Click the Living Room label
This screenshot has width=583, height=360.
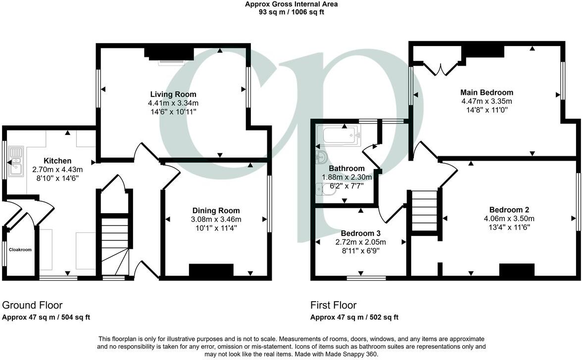173,94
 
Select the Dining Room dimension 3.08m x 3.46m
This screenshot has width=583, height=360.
216,219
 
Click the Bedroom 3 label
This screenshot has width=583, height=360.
360,233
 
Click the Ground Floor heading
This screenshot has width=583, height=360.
33,305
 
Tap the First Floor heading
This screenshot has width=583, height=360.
333,305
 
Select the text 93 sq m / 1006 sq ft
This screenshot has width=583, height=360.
291,12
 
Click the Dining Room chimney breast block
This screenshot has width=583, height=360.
211,270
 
